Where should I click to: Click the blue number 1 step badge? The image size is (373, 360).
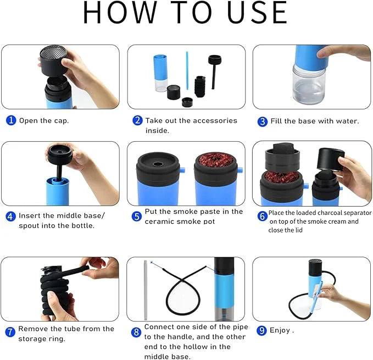(11, 120)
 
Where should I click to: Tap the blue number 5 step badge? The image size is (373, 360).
(137, 216)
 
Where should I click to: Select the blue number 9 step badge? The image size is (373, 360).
(262, 331)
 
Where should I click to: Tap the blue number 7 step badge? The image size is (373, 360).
(10, 332)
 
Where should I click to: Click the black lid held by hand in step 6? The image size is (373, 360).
(329, 161)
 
